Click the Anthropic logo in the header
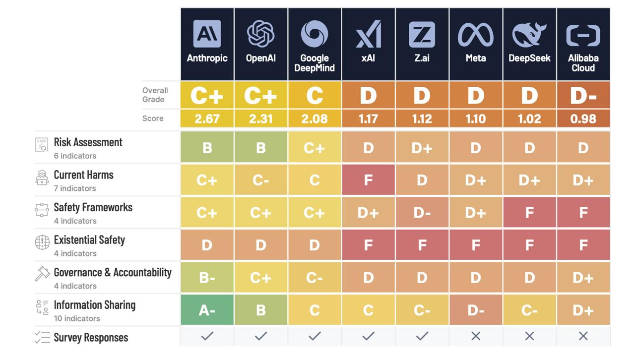[x=207, y=34]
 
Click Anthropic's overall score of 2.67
[x=207, y=119]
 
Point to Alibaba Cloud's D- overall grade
[x=583, y=95]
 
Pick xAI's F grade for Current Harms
[x=368, y=180]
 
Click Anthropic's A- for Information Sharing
[x=207, y=310]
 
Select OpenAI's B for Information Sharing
[x=260, y=310]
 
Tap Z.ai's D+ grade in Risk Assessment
[x=422, y=148]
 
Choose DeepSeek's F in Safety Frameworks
[x=529, y=213]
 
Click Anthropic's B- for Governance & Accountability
[x=207, y=278]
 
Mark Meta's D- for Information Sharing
[x=475, y=310]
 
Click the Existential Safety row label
[x=89, y=240]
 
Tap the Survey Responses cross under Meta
[x=475, y=336]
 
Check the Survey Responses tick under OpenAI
[x=260, y=336]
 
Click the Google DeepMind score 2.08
[x=315, y=119]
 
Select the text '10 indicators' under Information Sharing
[x=77, y=319]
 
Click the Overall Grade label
[x=155, y=95]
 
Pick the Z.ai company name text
[x=422, y=58]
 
